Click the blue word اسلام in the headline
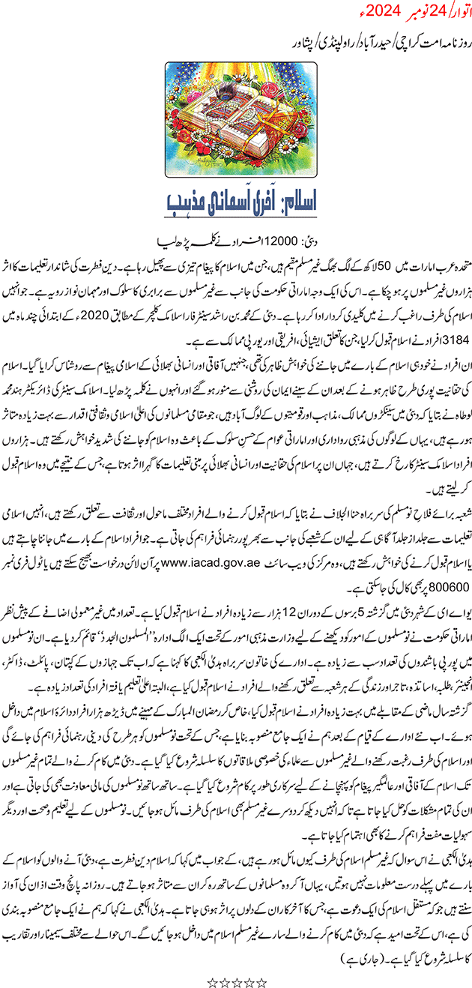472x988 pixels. point(300,182)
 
